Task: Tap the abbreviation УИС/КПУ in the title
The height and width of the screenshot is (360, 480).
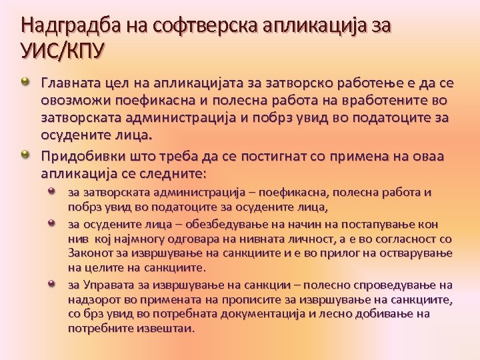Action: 63,50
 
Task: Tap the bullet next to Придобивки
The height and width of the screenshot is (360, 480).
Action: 25,155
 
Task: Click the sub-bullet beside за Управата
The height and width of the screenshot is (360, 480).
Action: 53,283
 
